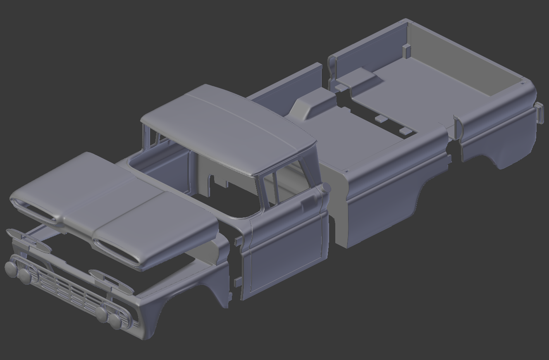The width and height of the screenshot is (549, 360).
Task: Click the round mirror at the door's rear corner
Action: [x=326, y=188]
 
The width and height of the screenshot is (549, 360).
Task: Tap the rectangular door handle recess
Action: [x=308, y=203]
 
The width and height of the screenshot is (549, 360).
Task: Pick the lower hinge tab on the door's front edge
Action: [x=238, y=283]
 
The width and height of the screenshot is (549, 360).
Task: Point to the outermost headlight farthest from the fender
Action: [x=11, y=269]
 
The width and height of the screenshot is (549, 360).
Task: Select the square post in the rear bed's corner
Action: [x=407, y=51]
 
